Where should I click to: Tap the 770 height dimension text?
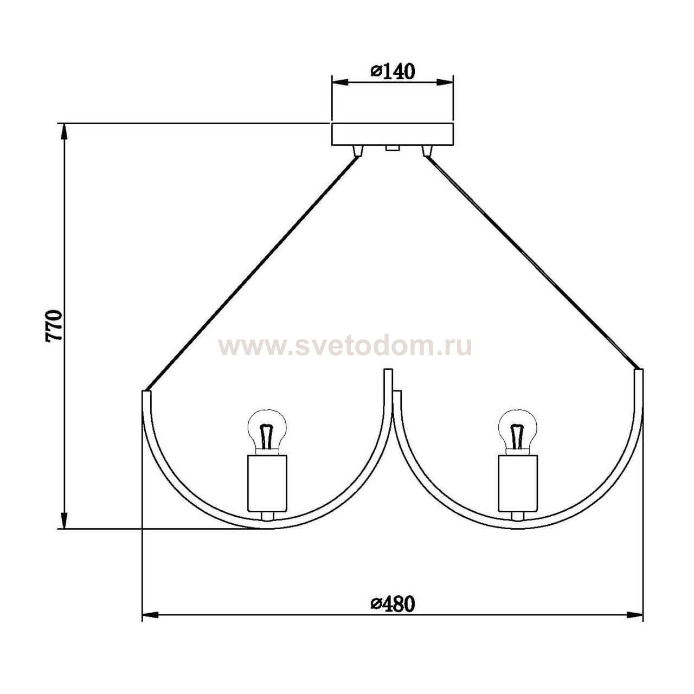55,325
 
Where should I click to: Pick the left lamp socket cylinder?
266,483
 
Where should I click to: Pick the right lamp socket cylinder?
517,483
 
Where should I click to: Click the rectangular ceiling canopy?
392,134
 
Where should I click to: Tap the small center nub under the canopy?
392,147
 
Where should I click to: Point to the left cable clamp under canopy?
357,151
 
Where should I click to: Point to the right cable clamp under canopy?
427,151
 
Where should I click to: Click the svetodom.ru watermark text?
345,346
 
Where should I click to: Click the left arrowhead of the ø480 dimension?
150,615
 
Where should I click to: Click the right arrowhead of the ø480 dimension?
635,615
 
